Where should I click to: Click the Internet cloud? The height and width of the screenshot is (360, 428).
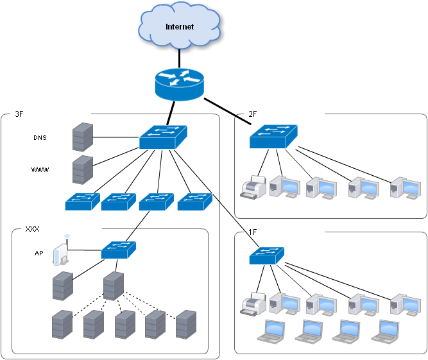coord(179,26)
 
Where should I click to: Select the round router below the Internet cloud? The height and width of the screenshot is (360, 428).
coord(179,85)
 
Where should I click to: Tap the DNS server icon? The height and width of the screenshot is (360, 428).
coord(82,137)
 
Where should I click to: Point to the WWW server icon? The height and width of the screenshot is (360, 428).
coord(82,170)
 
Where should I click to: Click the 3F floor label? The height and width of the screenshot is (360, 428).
coord(19,114)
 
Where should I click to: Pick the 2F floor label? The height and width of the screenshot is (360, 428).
coord(253,114)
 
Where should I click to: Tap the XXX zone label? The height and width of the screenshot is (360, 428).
coord(33,228)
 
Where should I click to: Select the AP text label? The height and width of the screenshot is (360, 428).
coord(39,253)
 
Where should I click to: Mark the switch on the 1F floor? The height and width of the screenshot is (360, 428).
coord(268,255)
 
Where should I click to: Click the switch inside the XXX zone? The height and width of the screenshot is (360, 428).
coord(119,249)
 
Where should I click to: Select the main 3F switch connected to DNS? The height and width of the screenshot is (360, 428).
coord(162,137)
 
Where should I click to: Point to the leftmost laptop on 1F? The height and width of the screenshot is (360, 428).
coord(270,329)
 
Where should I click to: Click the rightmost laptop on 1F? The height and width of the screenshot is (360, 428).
coord(386,329)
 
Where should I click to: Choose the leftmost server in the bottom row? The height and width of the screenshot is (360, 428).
coord(62,324)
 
